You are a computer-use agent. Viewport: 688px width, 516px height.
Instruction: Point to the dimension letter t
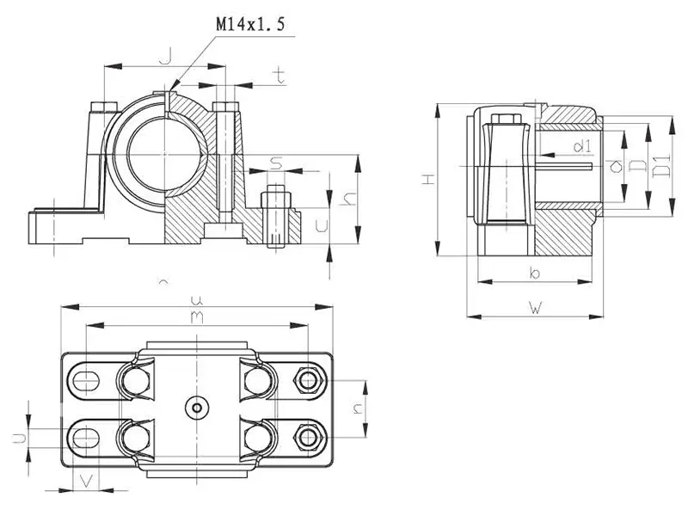point(279,76)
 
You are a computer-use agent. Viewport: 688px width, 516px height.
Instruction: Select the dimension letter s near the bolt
point(275,161)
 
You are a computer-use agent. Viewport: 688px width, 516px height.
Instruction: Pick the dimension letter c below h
point(322,226)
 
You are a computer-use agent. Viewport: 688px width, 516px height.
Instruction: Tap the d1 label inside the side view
point(581,144)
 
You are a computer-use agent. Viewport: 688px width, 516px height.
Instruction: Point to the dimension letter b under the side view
point(534,273)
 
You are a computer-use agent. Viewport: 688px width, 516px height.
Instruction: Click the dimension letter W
point(534,307)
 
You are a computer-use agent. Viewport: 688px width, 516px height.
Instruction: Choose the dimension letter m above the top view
point(197,317)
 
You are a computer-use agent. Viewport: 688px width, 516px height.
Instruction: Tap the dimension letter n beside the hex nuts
point(358,408)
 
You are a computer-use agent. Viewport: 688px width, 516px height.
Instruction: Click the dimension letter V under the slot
point(84,479)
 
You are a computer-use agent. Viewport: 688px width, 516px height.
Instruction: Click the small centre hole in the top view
point(197,407)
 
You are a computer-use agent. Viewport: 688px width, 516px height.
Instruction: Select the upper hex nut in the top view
point(308,378)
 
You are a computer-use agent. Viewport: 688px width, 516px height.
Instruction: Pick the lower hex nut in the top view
point(308,436)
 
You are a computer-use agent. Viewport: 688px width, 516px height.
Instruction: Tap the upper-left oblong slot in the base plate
point(87,378)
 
